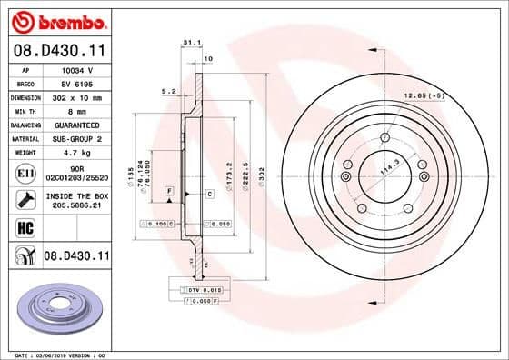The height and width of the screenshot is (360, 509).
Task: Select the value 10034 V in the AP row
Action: click(71, 69)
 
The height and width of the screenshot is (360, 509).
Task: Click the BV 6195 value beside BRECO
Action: click(71, 83)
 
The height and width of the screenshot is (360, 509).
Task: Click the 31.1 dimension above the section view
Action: click(190, 42)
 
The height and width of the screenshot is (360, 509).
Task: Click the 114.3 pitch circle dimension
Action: click(390, 170)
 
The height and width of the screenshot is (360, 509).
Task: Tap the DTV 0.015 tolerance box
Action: click(195, 289)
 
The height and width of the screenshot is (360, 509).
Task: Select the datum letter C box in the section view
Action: click(209, 194)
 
